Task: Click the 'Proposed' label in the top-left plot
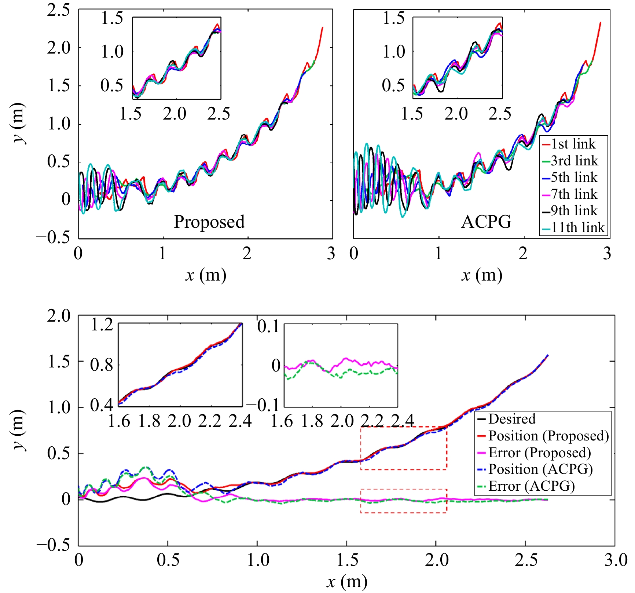(209, 222)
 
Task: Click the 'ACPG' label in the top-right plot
(486, 222)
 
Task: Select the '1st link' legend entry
(573, 144)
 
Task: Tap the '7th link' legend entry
(574, 194)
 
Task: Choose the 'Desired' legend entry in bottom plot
(512, 419)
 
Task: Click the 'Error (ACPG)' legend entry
(531, 486)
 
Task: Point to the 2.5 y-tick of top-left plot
(58, 10)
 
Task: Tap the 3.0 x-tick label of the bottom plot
(615, 560)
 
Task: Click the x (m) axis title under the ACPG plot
(481, 275)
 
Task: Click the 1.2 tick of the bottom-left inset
(102, 325)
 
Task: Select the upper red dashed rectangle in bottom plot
(403, 448)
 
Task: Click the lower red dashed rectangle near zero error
(403, 501)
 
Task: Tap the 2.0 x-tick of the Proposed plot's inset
(175, 114)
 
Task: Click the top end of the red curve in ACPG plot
(600, 23)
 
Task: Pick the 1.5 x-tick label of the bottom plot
(347, 560)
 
